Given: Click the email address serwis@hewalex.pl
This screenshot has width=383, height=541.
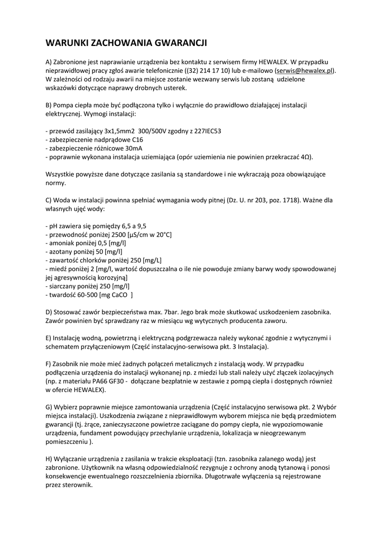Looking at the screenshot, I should [x=305, y=70].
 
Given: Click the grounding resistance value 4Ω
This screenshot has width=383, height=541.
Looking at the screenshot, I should [x=306, y=157].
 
